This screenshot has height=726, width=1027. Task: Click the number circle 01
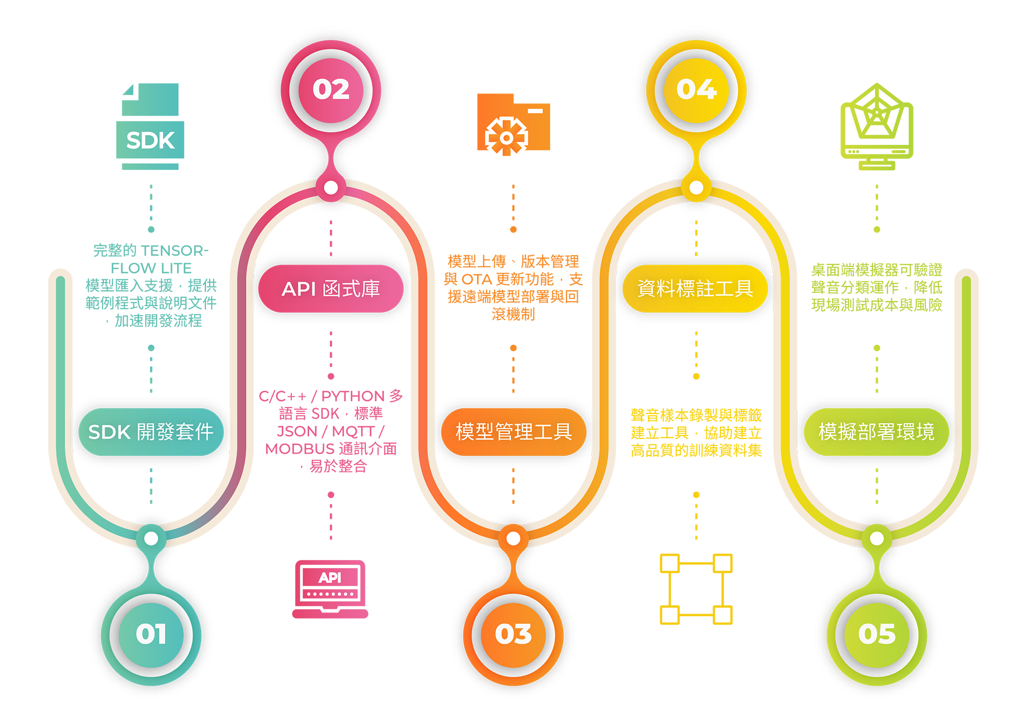tap(151, 634)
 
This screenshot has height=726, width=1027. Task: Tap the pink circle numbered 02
tap(331, 90)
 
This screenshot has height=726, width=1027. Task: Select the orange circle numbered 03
tap(513, 634)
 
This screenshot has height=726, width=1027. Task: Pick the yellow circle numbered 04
tap(696, 90)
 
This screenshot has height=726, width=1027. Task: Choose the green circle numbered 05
tap(877, 634)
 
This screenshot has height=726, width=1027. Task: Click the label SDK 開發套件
tap(151, 432)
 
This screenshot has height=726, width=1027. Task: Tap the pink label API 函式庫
tap(331, 289)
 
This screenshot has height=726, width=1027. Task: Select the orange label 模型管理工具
tap(513, 432)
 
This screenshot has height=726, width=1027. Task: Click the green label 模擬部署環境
tap(876, 432)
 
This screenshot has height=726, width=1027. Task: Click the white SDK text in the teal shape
tap(150, 141)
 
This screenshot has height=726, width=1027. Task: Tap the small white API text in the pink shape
tap(330, 578)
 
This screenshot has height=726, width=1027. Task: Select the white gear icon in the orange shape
tap(506, 138)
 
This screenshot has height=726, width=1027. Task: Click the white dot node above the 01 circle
tap(151, 538)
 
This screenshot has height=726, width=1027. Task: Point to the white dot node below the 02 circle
tap(331, 188)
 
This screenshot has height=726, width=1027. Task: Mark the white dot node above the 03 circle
tap(513, 538)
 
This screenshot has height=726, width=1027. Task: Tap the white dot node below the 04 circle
tap(696, 188)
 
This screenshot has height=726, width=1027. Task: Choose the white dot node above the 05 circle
tap(877, 538)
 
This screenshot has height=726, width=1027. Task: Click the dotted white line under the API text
tap(330, 594)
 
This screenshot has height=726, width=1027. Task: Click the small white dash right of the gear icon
tap(535, 111)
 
